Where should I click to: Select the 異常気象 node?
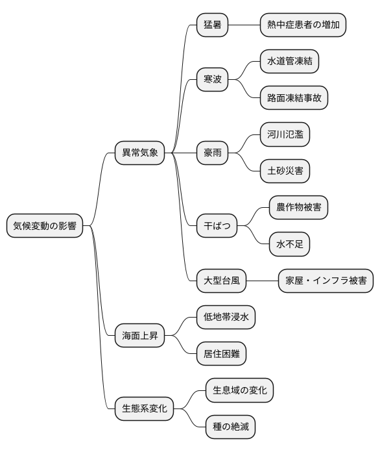[139, 153]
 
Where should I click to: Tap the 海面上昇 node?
[139, 336]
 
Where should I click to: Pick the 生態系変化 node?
[144, 408]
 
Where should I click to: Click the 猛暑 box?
[213, 25]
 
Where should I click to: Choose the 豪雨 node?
[213, 153]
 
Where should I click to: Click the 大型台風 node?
[222, 281]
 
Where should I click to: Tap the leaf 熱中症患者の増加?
[302, 25]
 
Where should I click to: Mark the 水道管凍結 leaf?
[289, 62]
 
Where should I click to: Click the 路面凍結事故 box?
[294, 99]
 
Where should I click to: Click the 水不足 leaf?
[289, 245]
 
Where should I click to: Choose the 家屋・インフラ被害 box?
[326, 281]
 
